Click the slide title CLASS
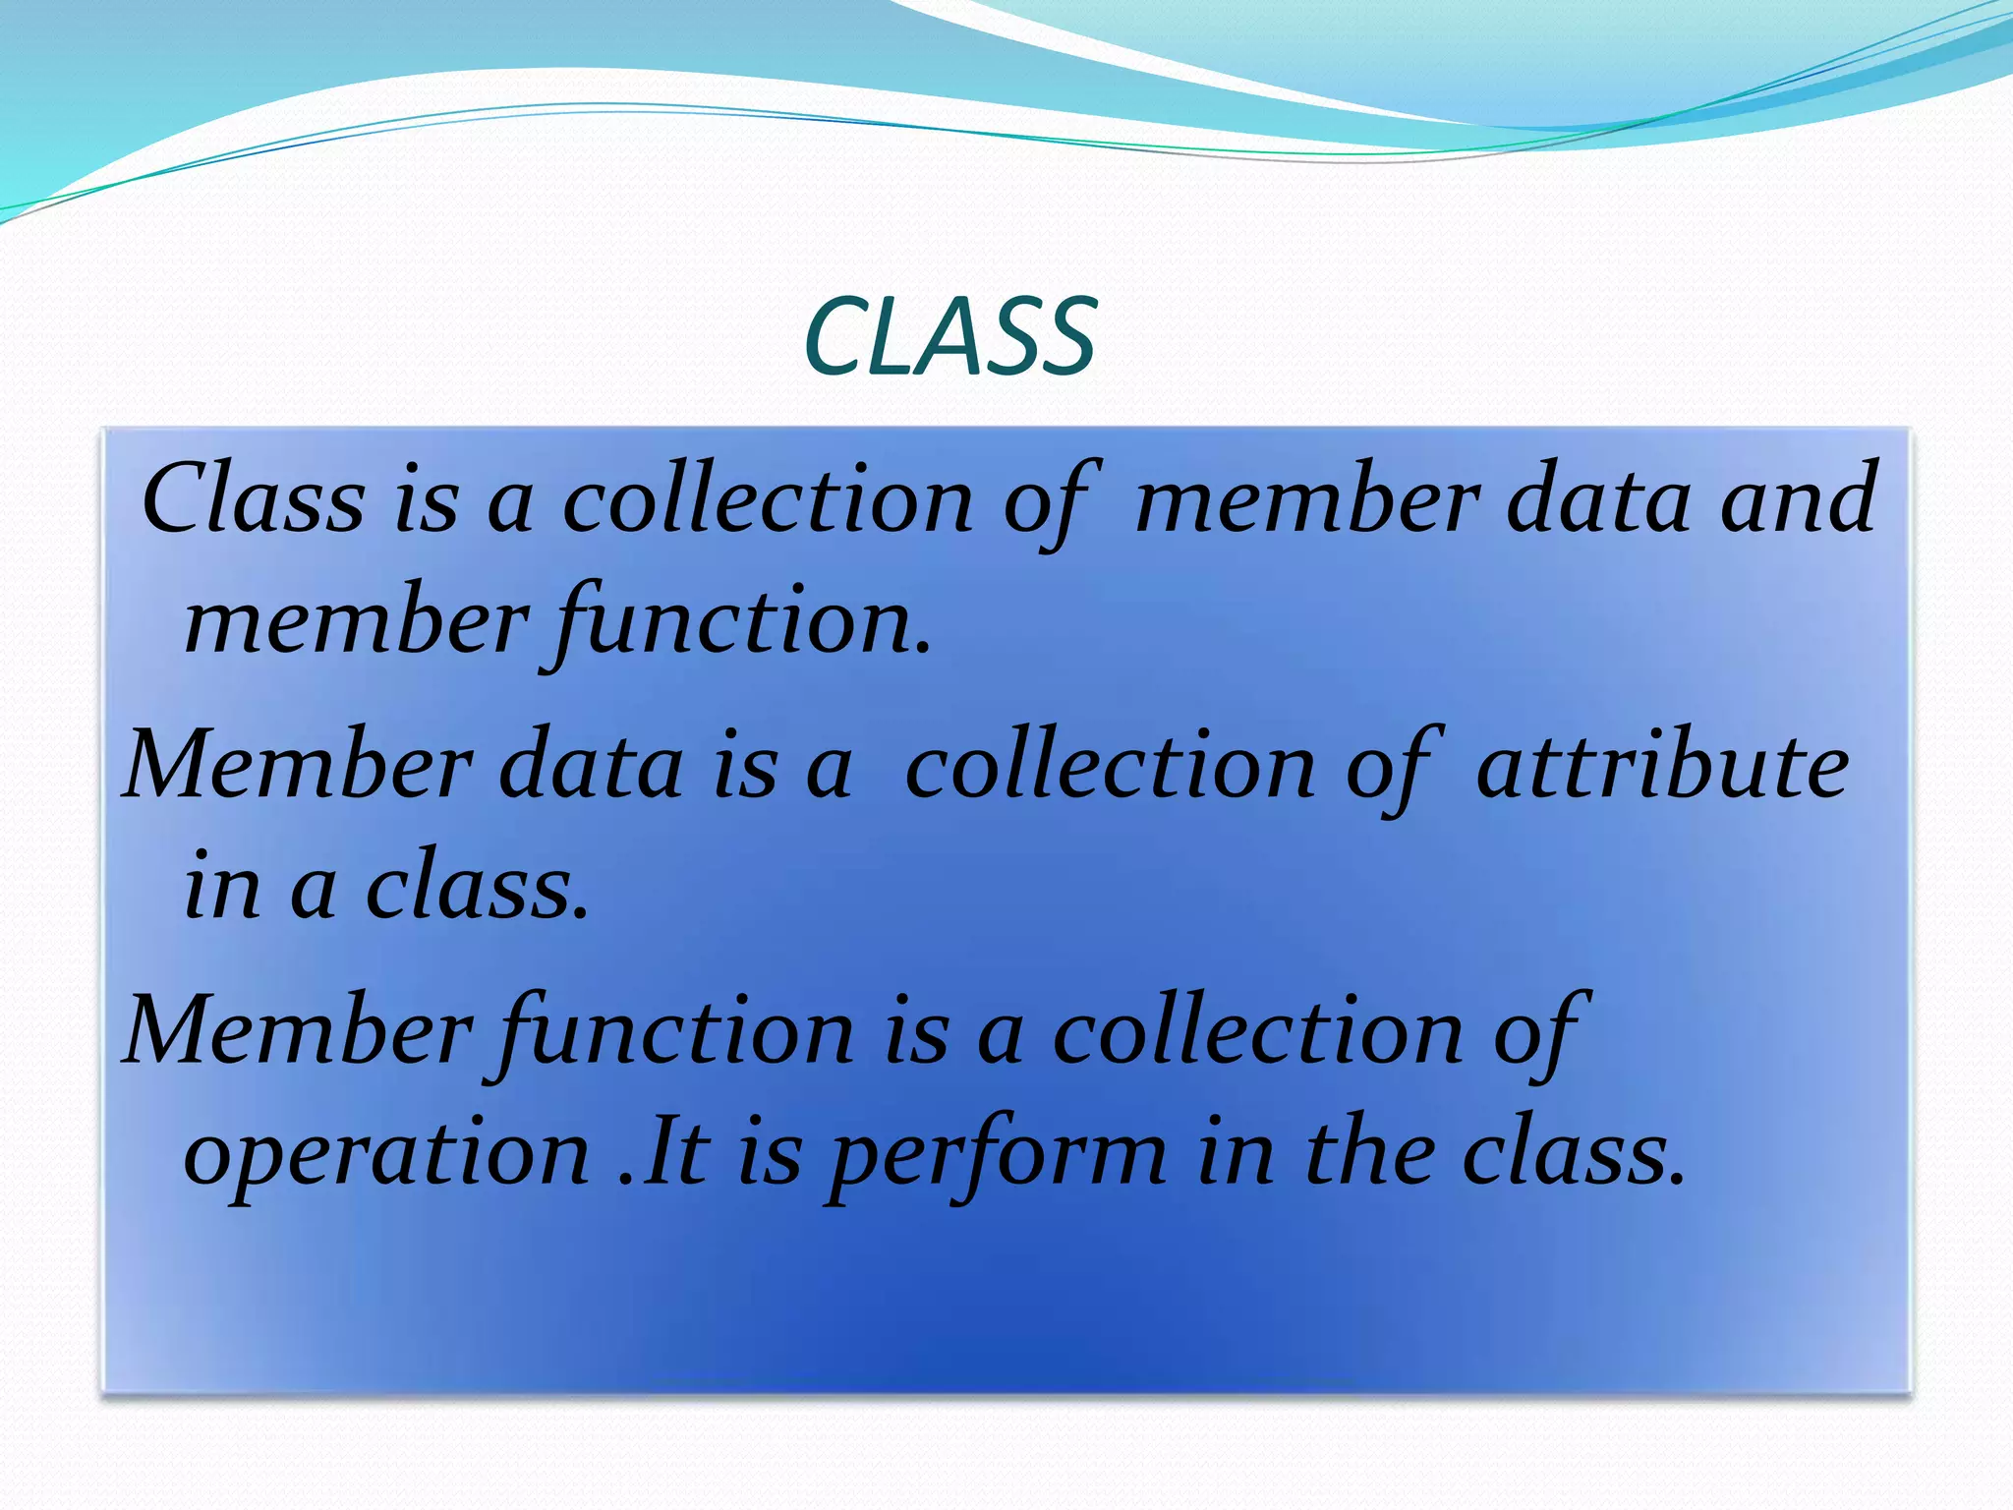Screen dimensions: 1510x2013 pyautogui.click(x=949, y=338)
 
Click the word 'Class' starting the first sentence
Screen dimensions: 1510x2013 pyautogui.click(x=254, y=499)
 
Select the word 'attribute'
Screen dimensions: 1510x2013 pyautogui.click(x=1662, y=767)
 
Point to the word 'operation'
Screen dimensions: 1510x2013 pyautogui.click(x=386, y=1152)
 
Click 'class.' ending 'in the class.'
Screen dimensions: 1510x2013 pyautogui.click(x=1574, y=1152)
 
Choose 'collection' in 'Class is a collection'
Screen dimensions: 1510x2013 pyautogui.click(x=768, y=499)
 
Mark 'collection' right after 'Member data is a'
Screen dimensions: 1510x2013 pyautogui.click(x=1110, y=767)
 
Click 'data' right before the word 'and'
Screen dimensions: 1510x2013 pyautogui.click(x=1598, y=499)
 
